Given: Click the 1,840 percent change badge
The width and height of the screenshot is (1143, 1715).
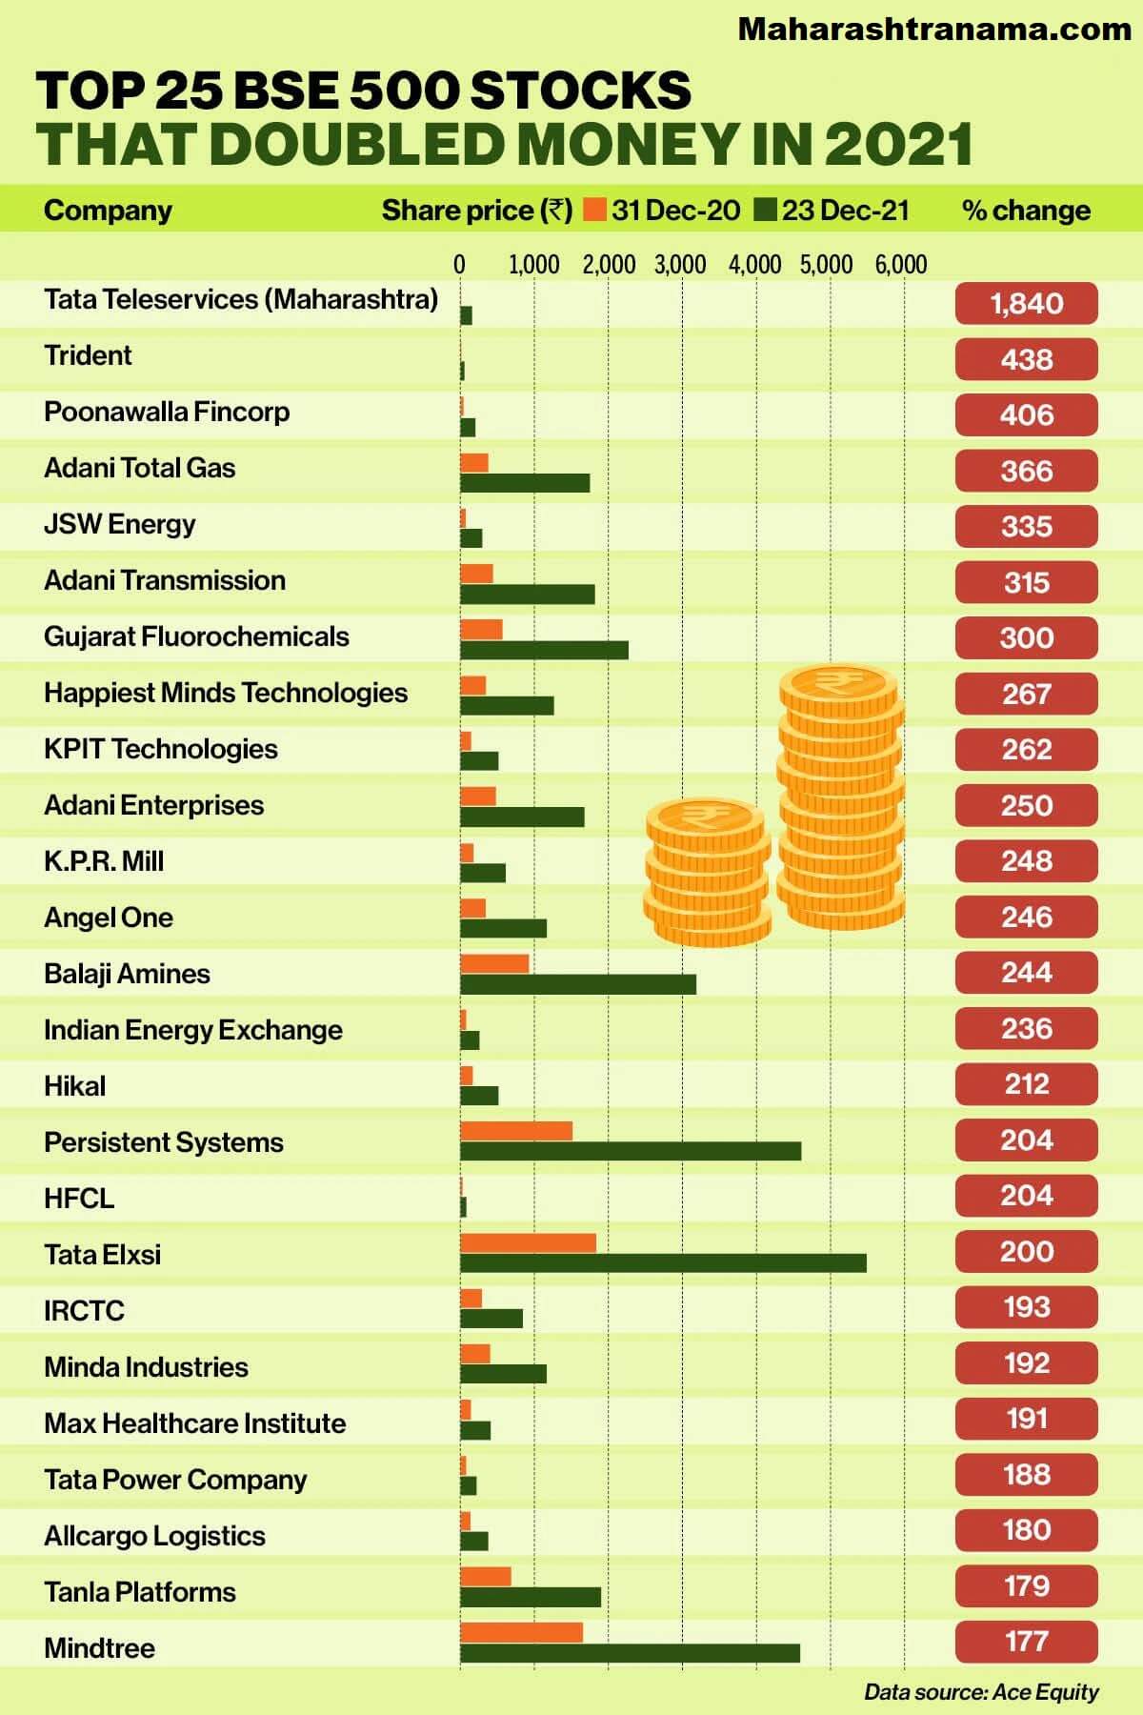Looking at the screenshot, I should pyautogui.click(x=1026, y=304).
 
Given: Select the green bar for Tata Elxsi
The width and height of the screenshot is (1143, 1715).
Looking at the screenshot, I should pyautogui.click(x=663, y=1262).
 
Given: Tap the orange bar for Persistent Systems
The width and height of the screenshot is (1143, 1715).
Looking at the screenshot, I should pyautogui.click(x=516, y=1131).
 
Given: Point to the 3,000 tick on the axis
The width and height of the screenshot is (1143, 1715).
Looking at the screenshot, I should pyautogui.click(x=680, y=264).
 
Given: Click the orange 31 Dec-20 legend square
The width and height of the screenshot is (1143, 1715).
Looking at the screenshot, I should pyautogui.click(x=596, y=210).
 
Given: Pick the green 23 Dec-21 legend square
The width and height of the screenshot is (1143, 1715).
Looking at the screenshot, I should pyautogui.click(x=766, y=210).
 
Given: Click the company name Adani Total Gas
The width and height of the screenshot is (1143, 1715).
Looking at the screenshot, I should pyautogui.click(x=139, y=468).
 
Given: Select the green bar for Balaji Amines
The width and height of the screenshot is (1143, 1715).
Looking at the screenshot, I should pyautogui.click(x=578, y=983).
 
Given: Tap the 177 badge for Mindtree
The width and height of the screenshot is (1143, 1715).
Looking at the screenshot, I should pyautogui.click(x=1026, y=1642).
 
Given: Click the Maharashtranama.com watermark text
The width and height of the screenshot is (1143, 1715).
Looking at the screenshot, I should pyautogui.click(x=934, y=30).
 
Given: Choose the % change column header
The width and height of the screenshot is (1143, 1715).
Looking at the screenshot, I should pyautogui.click(x=1026, y=211).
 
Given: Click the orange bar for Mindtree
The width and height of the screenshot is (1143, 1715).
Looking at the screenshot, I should pyautogui.click(x=521, y=1632).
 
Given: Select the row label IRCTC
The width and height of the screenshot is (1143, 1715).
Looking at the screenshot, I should pyautogui.click(x=84, y=1311).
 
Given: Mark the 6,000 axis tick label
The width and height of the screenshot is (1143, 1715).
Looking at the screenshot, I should pyautogui.click(x=901, y=264).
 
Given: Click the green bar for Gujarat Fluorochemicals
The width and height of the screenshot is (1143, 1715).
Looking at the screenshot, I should pyautogui.click(x=544, y=650).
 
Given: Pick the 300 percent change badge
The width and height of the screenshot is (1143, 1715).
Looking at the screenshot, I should pyautogui.click(x=1026, y=637).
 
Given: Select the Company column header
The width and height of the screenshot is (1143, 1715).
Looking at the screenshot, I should pyautogui.click(x=108, y=211).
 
